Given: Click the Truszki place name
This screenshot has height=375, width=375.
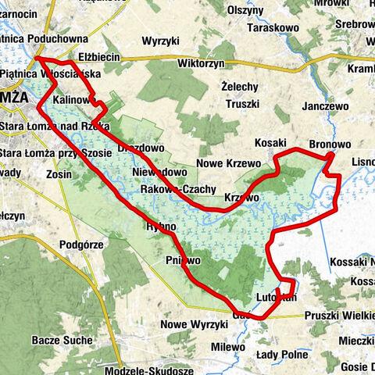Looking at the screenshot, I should click(x=241, y=103).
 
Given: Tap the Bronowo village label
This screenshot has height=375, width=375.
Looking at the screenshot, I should click(x=330, y=145).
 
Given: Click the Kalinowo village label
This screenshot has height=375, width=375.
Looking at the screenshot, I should click(x=73, y=101).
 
